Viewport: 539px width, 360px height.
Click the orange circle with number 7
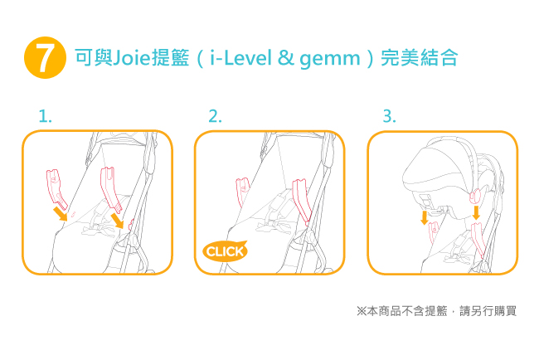[x=45, y=57]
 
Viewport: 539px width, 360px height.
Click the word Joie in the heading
[x=132, y=57]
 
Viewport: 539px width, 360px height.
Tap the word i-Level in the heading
[x=240, y=57]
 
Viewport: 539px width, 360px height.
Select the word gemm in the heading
[x=330, y=59]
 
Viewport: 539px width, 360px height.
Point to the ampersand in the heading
[x=285, y=58]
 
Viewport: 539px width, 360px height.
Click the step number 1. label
[x=45, y=116]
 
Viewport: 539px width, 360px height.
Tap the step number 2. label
[x=216, y=116]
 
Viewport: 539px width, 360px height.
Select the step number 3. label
[x=390, y=116]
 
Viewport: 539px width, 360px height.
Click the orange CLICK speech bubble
[x=226, y=251]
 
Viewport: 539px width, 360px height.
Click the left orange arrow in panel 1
[x=61, y=213]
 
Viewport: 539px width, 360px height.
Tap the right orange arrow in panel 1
[x=118, y=221]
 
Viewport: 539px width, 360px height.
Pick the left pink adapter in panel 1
[x=56, y=188]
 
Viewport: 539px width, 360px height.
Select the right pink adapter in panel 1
[x=110, y=187]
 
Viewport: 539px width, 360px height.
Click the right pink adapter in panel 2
[x=303, y=201]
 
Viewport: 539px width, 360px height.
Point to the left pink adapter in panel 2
[x=243, y=191]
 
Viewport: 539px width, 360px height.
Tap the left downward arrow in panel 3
[x=425, y=217]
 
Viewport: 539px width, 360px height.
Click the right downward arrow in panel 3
[x=476, y=213]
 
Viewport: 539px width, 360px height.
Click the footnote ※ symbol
[x=362, y=311]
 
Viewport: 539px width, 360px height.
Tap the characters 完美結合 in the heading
[x=419, y=57]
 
